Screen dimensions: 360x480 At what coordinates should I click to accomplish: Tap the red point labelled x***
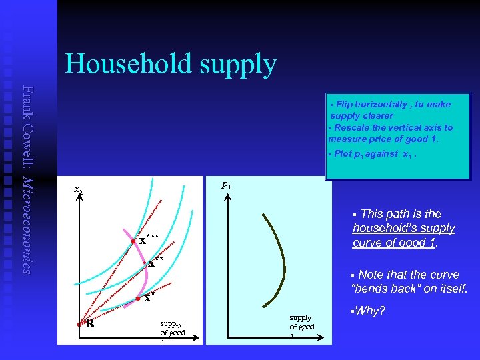tap(134, 241)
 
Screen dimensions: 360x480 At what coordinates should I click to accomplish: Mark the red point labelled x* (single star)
tap(137, 299)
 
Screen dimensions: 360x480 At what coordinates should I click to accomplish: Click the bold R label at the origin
tap(89, 324)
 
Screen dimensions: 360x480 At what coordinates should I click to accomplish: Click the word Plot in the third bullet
tap(343, 153)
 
